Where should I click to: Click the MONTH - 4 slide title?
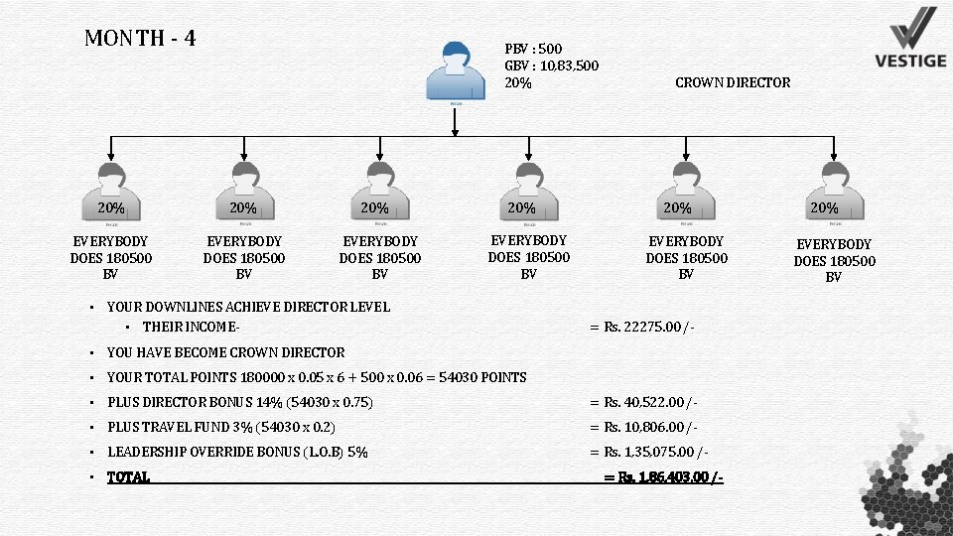click(x=140, y=39)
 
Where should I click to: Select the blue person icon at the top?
click(x=455, y=71)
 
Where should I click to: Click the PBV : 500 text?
click(x=533, y=49)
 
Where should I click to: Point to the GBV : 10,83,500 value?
click(x=551, y=66)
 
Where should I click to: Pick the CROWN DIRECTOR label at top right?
click(x=733, y=82)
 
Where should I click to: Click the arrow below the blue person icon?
click(x=455, y=121)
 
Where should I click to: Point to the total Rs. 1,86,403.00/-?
click(x=663, y=477)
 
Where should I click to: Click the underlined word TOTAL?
click(x=128, y=477)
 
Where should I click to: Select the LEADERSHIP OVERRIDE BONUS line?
click(x=237, y=452)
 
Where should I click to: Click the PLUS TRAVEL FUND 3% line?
click(x=220, y=427)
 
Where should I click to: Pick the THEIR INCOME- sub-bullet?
click(x=193, y=327)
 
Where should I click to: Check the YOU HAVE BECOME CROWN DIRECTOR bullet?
click(x=225, y=352)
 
